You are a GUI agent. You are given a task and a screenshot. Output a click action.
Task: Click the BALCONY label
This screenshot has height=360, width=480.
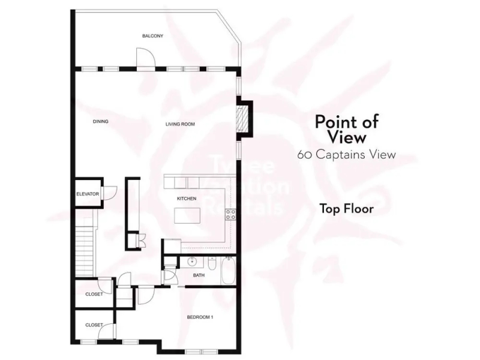click(153, 36)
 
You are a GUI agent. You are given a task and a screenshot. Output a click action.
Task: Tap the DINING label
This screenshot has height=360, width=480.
click(101, 122)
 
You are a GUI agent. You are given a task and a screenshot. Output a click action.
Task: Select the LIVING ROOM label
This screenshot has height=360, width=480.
click(181, 124)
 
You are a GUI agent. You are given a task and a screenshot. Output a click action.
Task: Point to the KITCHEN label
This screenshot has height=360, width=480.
click(187, 199)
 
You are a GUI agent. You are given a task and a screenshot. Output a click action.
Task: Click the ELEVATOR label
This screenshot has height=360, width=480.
click(88, 194)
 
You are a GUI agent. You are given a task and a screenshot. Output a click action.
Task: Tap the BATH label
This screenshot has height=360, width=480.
click(199, 275)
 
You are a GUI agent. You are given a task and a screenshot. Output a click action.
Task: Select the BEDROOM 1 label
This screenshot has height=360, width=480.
click(200, 317)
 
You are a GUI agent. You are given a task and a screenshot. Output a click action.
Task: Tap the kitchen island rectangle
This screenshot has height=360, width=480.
click(187, 215)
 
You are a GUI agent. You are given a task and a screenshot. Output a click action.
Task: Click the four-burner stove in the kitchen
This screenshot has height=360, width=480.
click(230, 214)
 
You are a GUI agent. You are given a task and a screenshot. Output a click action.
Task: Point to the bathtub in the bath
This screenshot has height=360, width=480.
click(228, 271)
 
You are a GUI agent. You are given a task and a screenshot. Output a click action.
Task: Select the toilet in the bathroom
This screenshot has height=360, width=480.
click(212, 263)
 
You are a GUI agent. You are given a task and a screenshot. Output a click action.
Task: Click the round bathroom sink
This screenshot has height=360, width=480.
click(193, 262)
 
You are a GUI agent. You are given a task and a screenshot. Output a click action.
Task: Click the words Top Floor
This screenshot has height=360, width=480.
click(347, 209)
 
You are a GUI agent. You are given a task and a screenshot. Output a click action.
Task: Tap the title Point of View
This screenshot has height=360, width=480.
click(347, 129)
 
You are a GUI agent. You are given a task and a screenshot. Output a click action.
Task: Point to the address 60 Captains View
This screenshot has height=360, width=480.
click(347, 155)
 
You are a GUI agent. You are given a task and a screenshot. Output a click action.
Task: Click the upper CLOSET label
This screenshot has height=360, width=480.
click(94, 294)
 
